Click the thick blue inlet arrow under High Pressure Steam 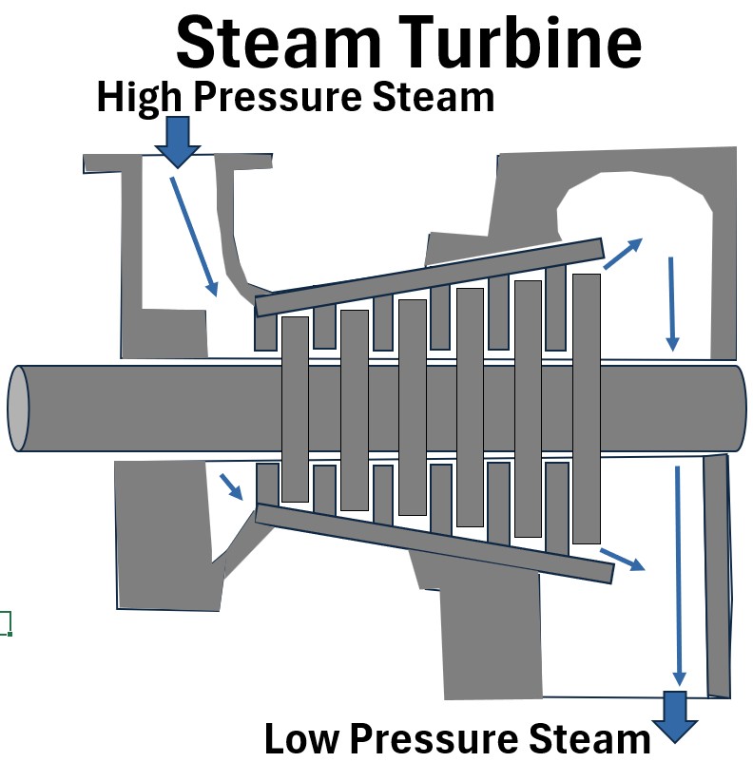[178, 141]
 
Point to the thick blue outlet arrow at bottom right [675, 714]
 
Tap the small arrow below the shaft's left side [231, 486]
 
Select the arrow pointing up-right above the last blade [624, 252]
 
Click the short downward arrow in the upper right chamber [672, 302]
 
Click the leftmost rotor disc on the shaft [295, 409]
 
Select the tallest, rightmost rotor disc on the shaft [587, 409]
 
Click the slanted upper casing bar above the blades [428, 276]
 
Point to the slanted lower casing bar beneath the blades [433, 543]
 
